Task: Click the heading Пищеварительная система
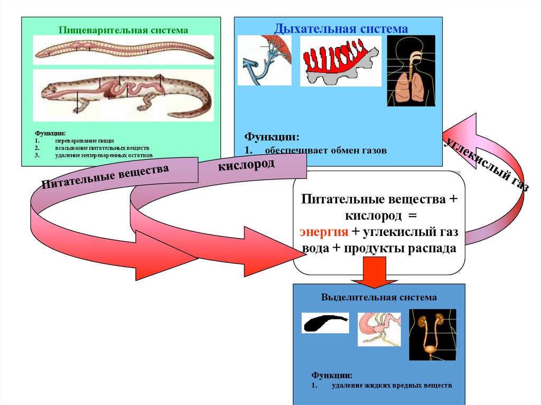click(123, 30)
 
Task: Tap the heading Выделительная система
click(379, 297)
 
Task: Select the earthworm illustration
click(124, 50)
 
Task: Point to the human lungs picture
click(411, 71)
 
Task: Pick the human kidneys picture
click(432, 335)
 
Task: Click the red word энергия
click(324, 233)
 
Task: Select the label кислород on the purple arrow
click(246, 166)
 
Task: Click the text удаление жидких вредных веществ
click(392, 386)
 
